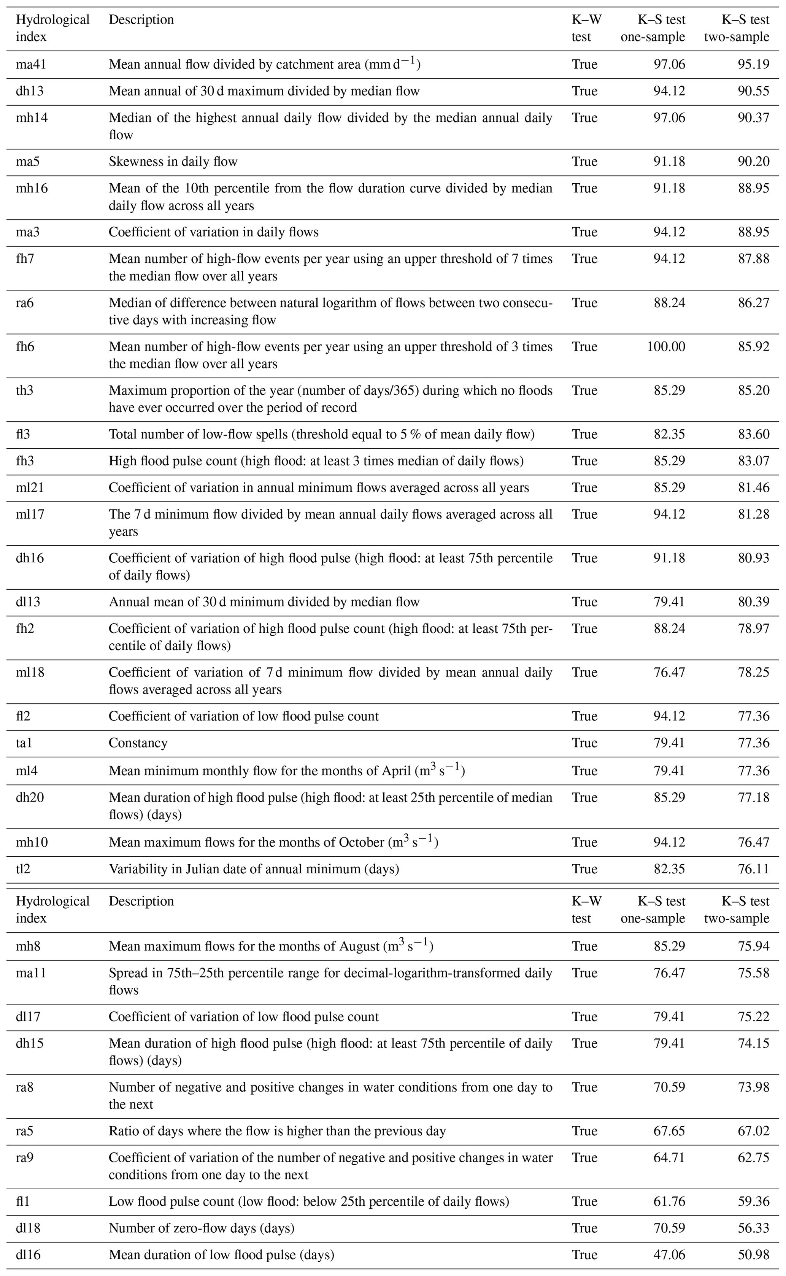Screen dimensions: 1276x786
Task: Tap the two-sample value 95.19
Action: (x=753, y=65)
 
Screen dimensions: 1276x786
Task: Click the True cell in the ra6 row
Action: (x=584, y=303)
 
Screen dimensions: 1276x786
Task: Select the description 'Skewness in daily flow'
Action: (x=173, y=162)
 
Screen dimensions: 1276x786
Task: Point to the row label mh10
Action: (x=32, y=842)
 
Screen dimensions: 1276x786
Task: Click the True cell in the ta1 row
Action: (x=584, y=743)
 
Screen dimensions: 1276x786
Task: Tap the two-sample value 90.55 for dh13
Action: (x=753, y=91)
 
